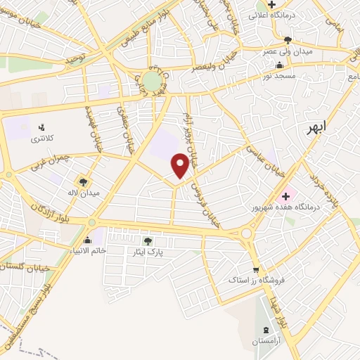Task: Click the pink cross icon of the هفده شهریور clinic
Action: pos(285,196)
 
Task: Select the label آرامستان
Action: pos(265,341)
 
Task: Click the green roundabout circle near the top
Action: pos(152,81)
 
